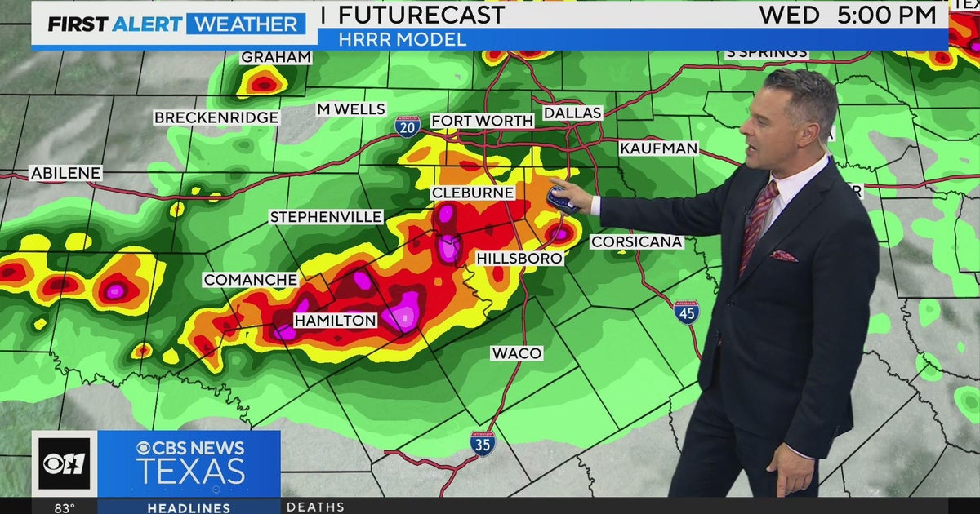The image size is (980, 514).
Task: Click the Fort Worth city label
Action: click(x=482, y=121)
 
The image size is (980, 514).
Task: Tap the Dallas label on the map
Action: click(x=572, y=113)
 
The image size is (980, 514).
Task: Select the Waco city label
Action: click(x=516, y=353)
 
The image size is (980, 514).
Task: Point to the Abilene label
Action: click(x=65, y=173)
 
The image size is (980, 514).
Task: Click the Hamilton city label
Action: click(x=335, y=321)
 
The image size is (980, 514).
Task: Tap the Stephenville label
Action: click(x=326, y=217)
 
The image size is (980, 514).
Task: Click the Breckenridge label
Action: click(x=216, y=117)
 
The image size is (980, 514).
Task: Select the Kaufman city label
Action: click(x=658, y=148)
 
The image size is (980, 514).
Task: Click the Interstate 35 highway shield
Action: click(x=483, y=443)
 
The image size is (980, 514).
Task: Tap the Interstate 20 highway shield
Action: click(x=407, y=126)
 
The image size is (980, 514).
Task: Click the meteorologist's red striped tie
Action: click(x=758, y=224)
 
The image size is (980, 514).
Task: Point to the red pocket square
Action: click(x=785, y=256)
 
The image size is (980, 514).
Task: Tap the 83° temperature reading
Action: click(x=65, y=507)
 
